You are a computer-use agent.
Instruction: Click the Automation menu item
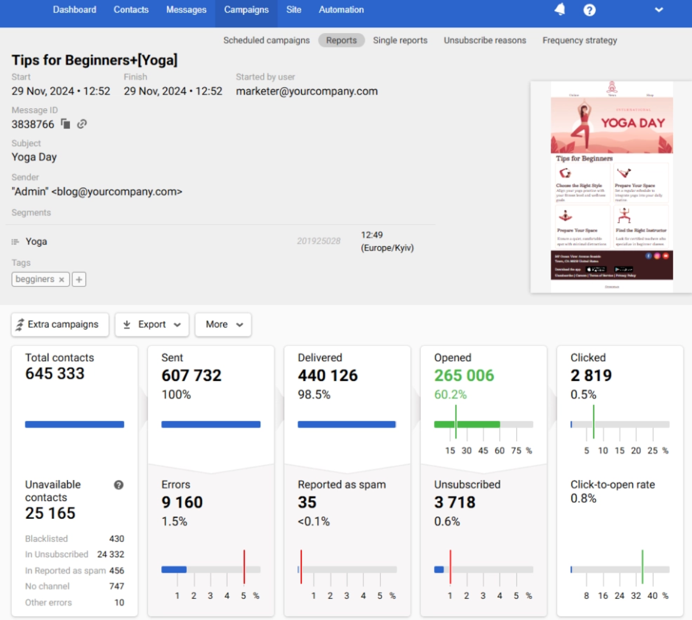point(341,10)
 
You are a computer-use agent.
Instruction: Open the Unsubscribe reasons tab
point(485,40)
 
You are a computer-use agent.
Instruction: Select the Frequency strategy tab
point(579,40)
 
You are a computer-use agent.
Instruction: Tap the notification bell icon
point(560,10)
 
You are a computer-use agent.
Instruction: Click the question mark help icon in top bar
point(589,10)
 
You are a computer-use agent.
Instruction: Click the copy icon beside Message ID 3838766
point(66,124)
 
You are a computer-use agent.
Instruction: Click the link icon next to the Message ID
point(82,124)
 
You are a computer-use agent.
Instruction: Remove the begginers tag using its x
point(62,280)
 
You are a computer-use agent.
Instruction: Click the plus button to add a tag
point(79,280)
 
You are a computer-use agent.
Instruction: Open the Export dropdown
point(152,325)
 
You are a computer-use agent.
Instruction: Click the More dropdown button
point(223,325)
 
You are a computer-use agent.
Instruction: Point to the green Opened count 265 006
point(464,375)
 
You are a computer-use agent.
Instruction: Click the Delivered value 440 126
point(327,375)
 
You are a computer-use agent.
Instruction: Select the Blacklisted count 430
point(116,539)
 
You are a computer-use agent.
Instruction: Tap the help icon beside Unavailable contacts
point(118,485)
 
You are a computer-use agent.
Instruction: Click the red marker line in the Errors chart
point(244,566)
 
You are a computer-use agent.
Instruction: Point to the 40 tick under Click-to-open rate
point(652,596)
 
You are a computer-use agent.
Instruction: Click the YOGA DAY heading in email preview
point(633,123)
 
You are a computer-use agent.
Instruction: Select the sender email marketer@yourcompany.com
point(306,92)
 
